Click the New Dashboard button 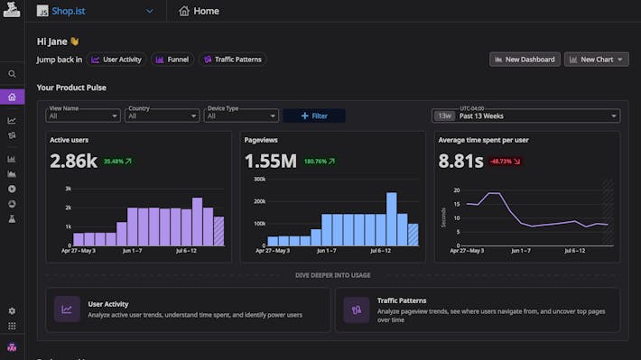[x=525, y=60]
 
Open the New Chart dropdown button [x=596, y=60]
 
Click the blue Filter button [x=313, y=115]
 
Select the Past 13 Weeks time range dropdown [x=525, y=115]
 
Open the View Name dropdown [x=83, y=115]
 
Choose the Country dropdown [x=163, y=115]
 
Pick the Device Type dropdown [x=242, y=115]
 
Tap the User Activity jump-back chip [x=116, y=60]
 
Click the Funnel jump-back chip [x=172, y=60]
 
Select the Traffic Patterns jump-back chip [x=232, y=60]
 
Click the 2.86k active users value [x=73, y=162]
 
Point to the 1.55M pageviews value [x=271, y=162]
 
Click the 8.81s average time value [x=460, y=162]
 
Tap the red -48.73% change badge [x=506, y=162]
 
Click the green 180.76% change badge [x=319, y=162]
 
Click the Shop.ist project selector [x=96, y=11]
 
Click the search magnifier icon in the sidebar [x=12, y=74]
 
